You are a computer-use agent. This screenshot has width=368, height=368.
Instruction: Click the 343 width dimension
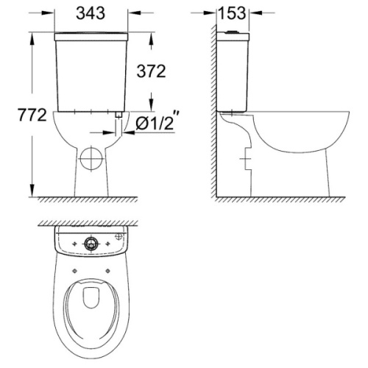click(x=93, y=13)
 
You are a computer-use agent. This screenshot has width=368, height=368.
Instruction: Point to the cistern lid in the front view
click(x=92, y=35)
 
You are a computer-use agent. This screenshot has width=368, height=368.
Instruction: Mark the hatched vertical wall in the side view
click(x=214, y=110)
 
